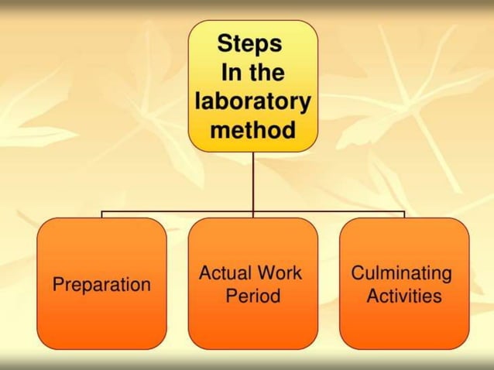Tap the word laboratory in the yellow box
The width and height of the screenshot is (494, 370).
(x=252, y=101)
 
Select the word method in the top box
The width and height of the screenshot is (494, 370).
(x=252, y=129)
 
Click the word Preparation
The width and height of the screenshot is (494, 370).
(x=101, y=284)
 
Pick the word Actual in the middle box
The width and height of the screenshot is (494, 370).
(x=224, y=272)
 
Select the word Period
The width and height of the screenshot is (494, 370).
(x=252, y=296)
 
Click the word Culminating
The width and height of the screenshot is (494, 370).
(x=401, y=272)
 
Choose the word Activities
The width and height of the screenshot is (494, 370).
(x=404, y=296)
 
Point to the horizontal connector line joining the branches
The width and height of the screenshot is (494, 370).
(x=178, y=211)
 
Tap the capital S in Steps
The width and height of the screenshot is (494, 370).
(x=225, y=43)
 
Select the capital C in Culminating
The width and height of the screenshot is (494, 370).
(x=358, y=272)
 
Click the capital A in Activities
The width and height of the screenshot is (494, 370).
(x=372, y=296)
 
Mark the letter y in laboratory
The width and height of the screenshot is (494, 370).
(x=305, y=103)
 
